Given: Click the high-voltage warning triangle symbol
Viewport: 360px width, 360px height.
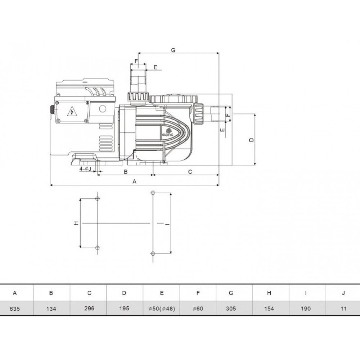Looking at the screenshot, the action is (72, 111).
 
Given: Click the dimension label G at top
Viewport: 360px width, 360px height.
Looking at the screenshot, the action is (173, 50).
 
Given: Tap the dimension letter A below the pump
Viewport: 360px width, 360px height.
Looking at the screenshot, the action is (135, 181).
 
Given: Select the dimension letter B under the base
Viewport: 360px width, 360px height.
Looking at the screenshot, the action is (126, 172).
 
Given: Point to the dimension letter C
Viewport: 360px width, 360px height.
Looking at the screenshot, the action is (190, 172).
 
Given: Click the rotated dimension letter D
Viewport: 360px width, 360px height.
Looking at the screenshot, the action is (252, 140).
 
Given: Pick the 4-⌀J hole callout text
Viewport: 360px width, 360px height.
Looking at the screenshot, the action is (85, 169).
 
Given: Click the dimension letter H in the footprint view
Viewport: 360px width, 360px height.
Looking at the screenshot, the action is (76, 223).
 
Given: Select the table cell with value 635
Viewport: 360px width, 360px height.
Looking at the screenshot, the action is (15, 309).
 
